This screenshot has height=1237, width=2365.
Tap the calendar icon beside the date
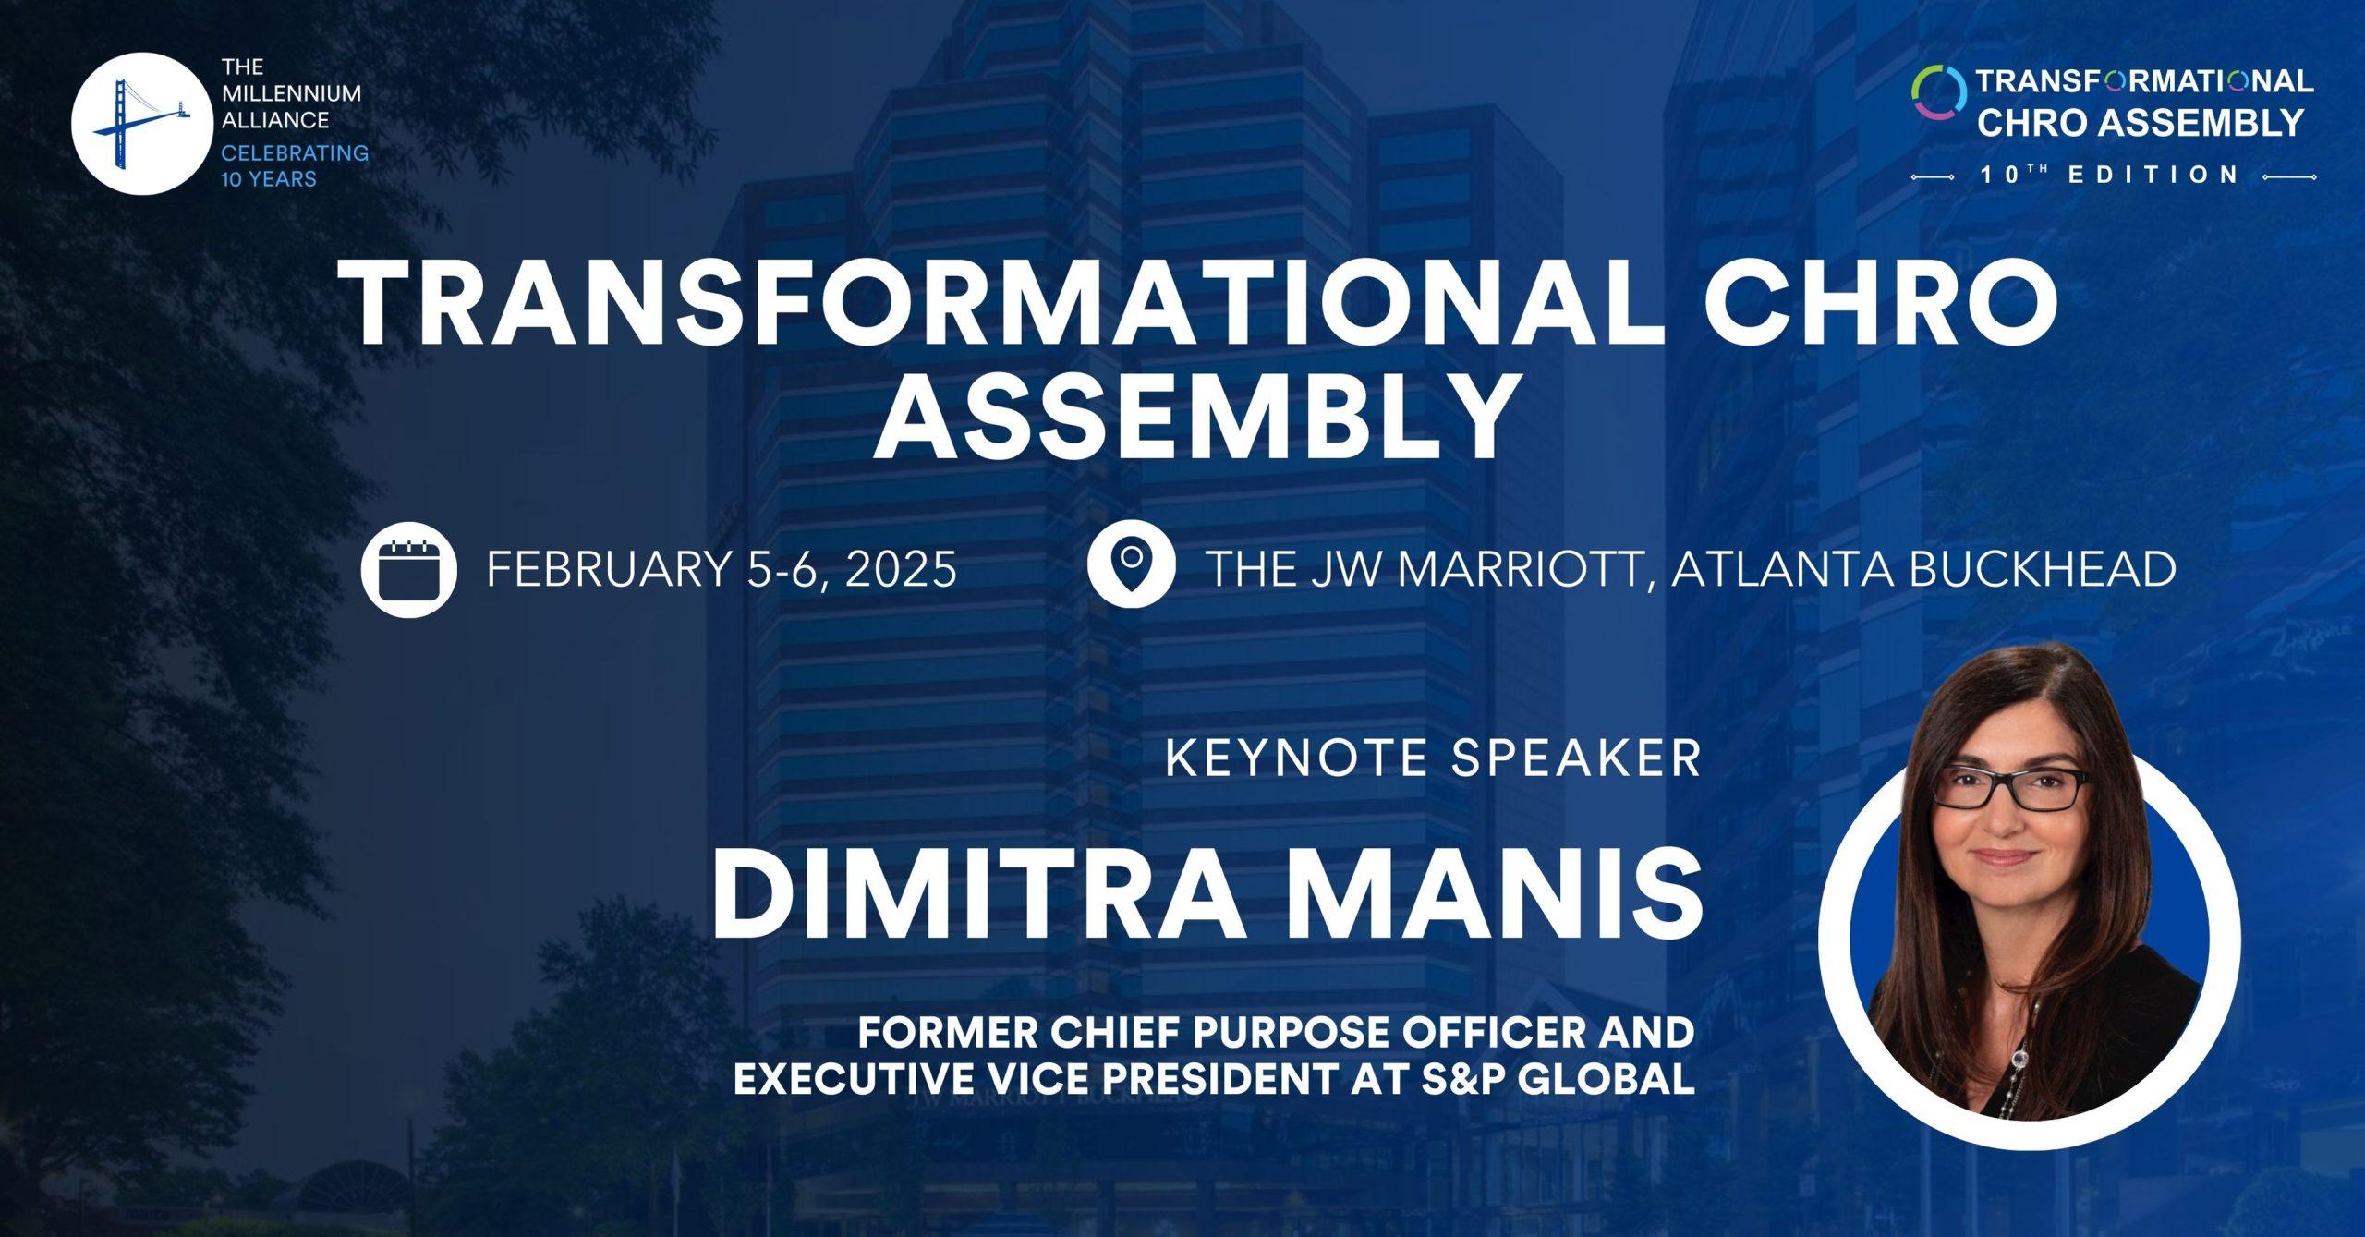click(408, 569)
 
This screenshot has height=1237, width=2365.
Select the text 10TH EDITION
click(2109, 174)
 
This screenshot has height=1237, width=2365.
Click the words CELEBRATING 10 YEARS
click(294, 165)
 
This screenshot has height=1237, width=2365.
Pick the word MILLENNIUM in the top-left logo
click(291, 93)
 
